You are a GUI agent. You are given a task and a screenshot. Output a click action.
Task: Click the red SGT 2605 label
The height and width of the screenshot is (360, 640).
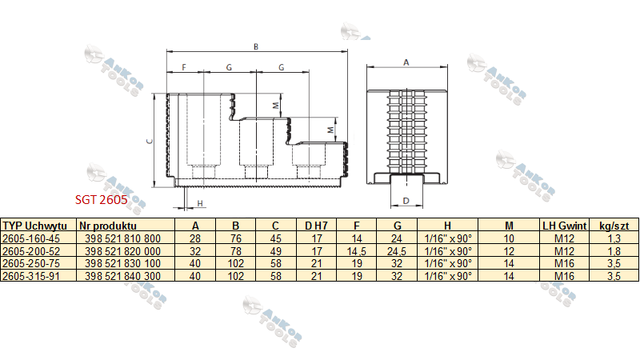coord(102,199)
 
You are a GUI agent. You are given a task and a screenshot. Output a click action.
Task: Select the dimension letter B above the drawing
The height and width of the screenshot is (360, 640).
coord(256,46)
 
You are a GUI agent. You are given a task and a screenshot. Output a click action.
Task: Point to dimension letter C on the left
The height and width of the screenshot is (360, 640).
coord(150,141)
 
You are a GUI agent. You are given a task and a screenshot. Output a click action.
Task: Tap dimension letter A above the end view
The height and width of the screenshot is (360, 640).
coord(406,62)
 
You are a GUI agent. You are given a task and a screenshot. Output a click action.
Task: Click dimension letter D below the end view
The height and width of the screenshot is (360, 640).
coord(406,201)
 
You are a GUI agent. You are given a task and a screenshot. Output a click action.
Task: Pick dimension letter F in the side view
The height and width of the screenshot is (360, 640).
coord(184,67)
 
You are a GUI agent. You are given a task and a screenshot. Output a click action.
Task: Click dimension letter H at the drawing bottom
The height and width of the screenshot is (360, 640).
coord(200,203)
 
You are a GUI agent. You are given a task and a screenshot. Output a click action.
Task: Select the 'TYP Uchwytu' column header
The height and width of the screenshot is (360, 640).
coord(34,226)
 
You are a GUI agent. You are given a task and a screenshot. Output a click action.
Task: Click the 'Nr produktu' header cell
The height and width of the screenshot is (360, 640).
coord(108,226)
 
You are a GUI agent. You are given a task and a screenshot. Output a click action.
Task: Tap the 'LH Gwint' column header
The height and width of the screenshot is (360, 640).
coord(565,226)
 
